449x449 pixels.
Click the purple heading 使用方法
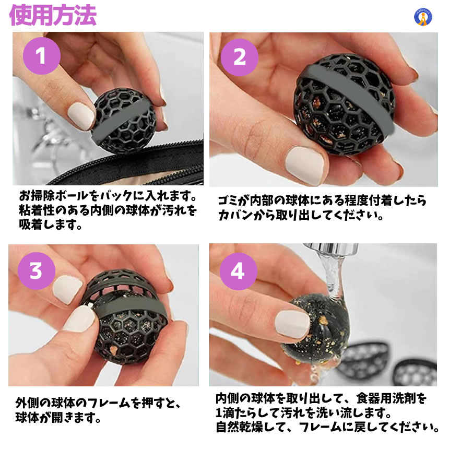coord(53,15)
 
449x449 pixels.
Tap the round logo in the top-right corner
coord(423,17)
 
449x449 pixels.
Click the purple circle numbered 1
coord(42,56)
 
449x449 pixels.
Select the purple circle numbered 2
coord(240,57)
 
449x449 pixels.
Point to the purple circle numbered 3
coord(37,270)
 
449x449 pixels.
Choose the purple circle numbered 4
coord(238,271)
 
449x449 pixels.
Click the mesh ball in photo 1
coord(123,121)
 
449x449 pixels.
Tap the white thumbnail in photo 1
coord(81,116)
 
